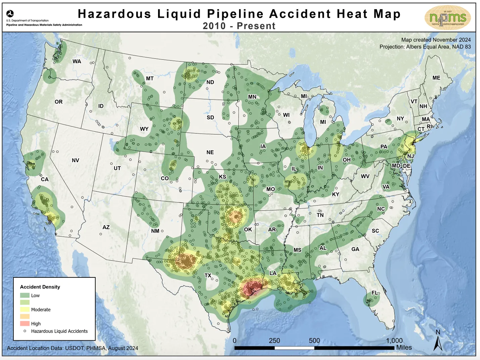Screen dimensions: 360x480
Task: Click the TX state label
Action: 208,275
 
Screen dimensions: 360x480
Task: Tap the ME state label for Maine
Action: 436,78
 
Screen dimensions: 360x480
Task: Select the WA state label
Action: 77,61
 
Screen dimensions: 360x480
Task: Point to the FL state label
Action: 375,293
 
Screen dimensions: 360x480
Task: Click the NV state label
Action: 75,161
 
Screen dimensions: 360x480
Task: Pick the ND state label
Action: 210,82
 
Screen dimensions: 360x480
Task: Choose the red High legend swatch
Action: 25,323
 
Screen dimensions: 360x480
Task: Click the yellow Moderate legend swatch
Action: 25,309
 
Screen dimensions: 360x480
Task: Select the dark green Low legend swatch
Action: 25,295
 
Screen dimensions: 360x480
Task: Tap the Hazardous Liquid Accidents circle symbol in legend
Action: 25,331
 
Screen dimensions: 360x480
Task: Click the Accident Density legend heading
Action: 40,287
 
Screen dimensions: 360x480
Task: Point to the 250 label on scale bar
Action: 274,341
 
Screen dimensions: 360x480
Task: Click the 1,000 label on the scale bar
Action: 394,341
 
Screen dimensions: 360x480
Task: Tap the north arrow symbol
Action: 438,343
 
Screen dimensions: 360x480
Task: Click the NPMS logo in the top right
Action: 447,18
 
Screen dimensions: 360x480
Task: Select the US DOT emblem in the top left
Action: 10,14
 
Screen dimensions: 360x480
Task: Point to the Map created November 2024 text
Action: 436,40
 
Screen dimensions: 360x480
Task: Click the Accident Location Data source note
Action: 73,348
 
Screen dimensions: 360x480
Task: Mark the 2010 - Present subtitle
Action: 239,26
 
